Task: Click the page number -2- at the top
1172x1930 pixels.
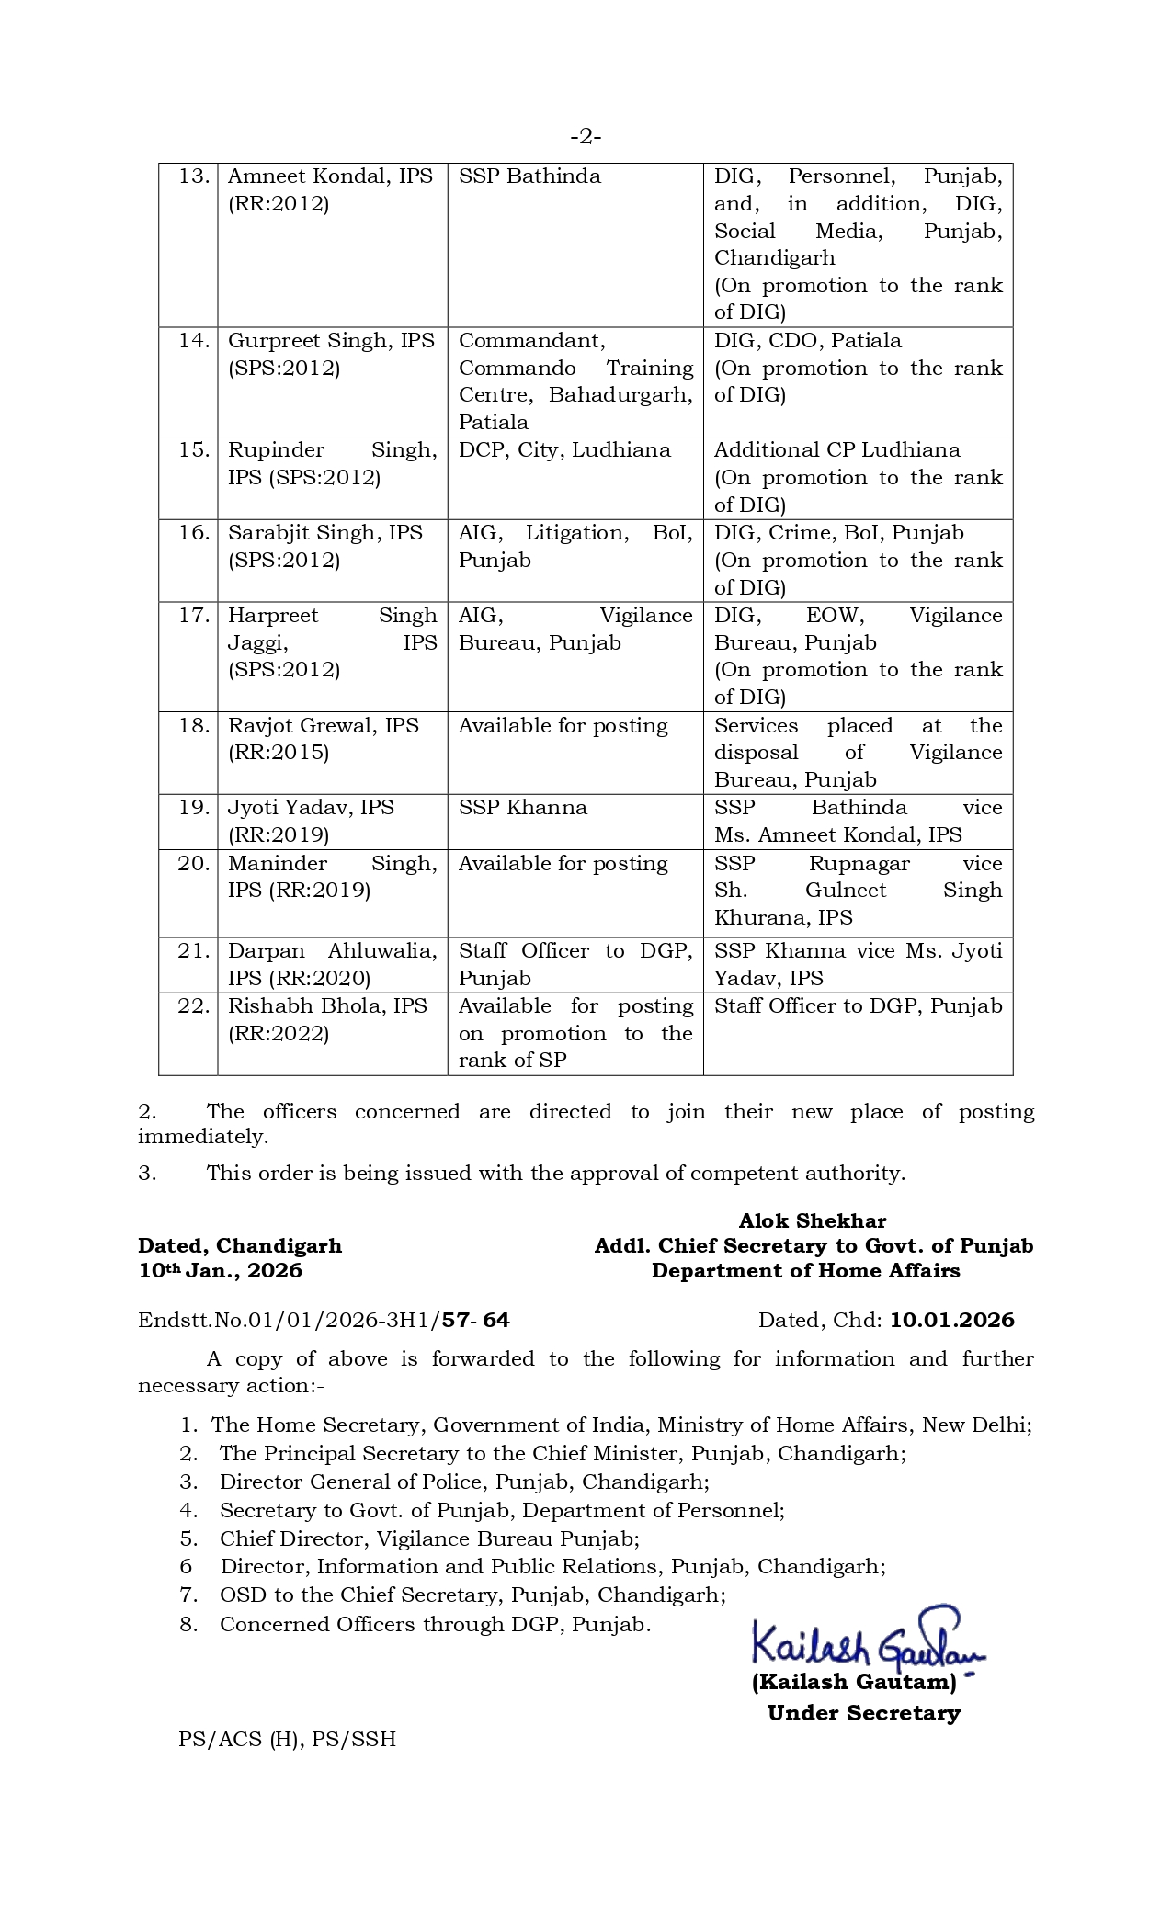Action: pos(586,137)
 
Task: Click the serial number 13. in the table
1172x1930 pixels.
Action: pos(194,176)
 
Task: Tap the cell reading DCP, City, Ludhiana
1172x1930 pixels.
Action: pos(564,450)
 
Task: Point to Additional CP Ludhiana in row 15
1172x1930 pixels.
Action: pos(836,450)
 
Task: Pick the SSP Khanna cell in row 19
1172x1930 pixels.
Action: pos(522,808)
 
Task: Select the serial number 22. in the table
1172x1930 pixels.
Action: pos(194,1006)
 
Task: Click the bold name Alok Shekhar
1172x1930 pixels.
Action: pos(813,1221)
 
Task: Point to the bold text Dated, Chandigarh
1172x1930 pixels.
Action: pos(240,1246)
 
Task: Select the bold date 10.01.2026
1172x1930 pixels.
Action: pos(952,1321)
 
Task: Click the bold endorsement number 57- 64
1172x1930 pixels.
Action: pos(475,1321)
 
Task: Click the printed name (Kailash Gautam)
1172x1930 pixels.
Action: pos(854,1682)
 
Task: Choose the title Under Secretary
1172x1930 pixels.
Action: pos(864,1713)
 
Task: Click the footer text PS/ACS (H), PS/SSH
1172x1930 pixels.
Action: pos(287,1739)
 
